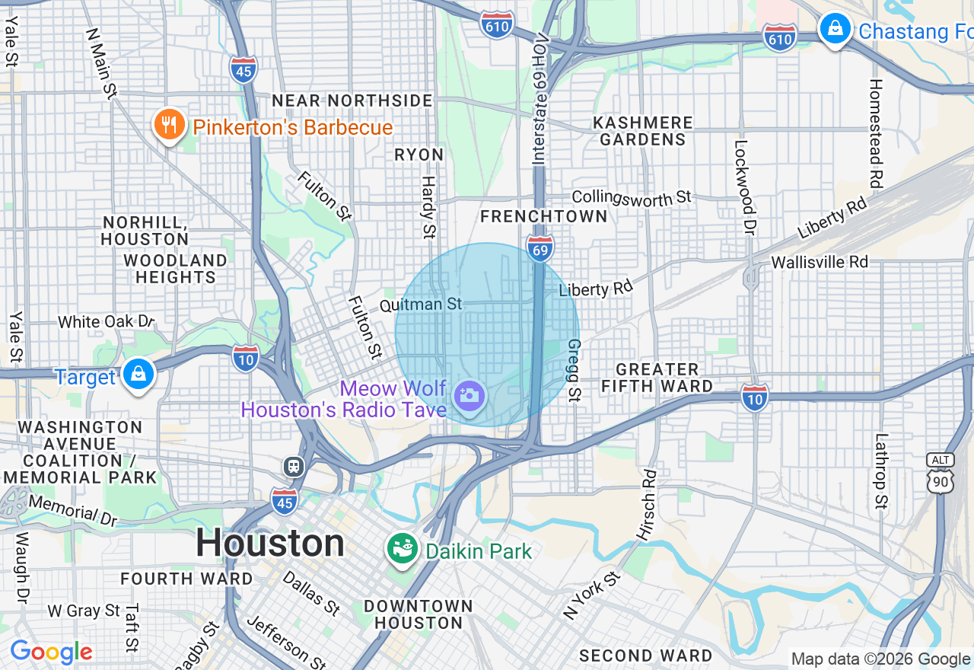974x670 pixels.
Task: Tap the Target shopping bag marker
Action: tap(138, 375)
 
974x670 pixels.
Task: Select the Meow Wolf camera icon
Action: tap(469, 396)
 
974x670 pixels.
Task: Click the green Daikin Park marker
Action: tap(402, 548)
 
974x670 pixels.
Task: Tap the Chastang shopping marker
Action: tap(835, 30)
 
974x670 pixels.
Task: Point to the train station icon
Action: tap(294, 466)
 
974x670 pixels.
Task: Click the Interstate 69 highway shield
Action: tap(540, 248)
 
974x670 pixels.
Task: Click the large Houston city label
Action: tap(270, 544)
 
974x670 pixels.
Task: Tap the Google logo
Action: tap(51, 652)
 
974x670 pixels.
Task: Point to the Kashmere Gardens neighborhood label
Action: tap(643, 131)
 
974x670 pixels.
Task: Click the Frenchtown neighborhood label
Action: tap(544, 216)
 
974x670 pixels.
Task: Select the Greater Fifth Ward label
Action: tap(657, 378)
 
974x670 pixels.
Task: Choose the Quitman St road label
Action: tap(420, 305)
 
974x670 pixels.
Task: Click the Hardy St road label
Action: tap(428, 206)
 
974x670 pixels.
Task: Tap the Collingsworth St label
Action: tap(631, 197)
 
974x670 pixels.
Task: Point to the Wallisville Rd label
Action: tap(819, 262)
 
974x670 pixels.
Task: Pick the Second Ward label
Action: tap(645, 656)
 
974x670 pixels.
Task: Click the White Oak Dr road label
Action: tap(105, 322)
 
